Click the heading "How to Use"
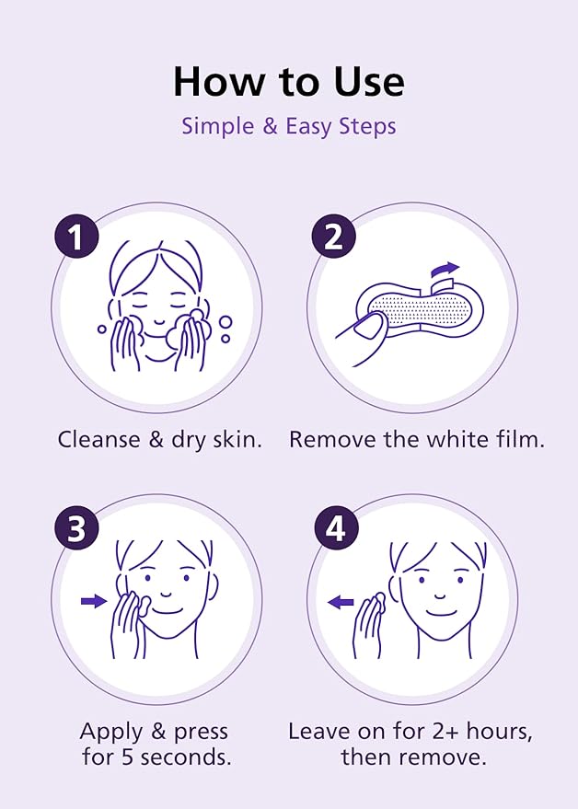[288, 82]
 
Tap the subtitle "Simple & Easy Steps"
[288, 126]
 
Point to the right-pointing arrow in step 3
[93, 601]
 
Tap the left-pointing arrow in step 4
[341, 602]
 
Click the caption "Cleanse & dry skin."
[159, 439]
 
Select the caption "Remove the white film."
[416, 439]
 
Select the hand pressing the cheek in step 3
[127, 621]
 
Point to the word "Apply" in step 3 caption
[110, 732]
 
